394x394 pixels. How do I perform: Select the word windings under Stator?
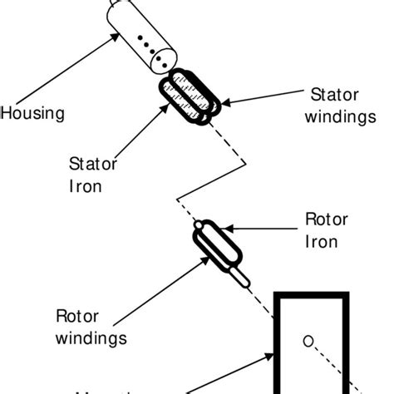[341, 117]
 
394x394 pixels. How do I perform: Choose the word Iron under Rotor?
[321, 242]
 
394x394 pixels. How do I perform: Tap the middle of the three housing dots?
[145, 42]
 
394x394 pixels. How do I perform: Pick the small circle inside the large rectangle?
[307, 339]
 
